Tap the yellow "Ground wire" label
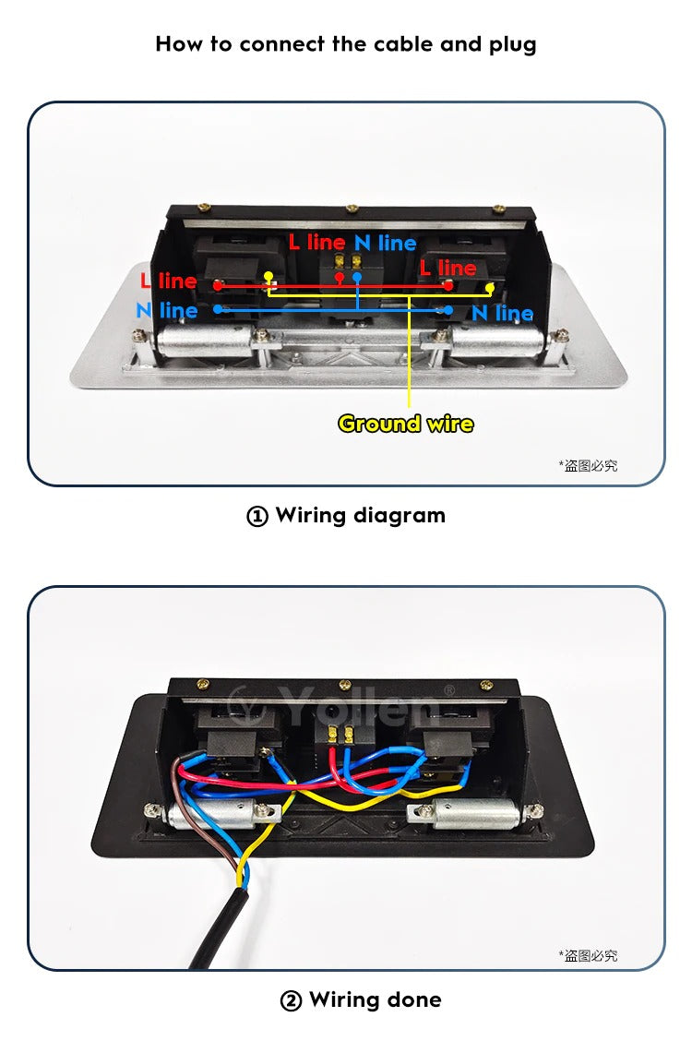click(405, 424)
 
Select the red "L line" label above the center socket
click(316, 242)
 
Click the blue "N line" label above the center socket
click(385, 243)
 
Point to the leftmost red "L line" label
click(168, 281)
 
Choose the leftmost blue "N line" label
click(166, 310)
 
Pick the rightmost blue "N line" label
click(502, 313)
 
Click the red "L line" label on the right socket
click(447, 268)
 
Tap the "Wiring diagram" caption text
click(360, 515)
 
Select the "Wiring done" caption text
click(375, 999)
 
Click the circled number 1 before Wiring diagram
click(257, 516)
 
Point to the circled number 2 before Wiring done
click(291, 1000)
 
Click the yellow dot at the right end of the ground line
click(489, 288)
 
